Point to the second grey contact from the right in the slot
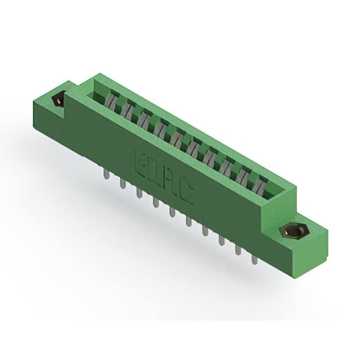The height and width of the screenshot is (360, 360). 245,175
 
